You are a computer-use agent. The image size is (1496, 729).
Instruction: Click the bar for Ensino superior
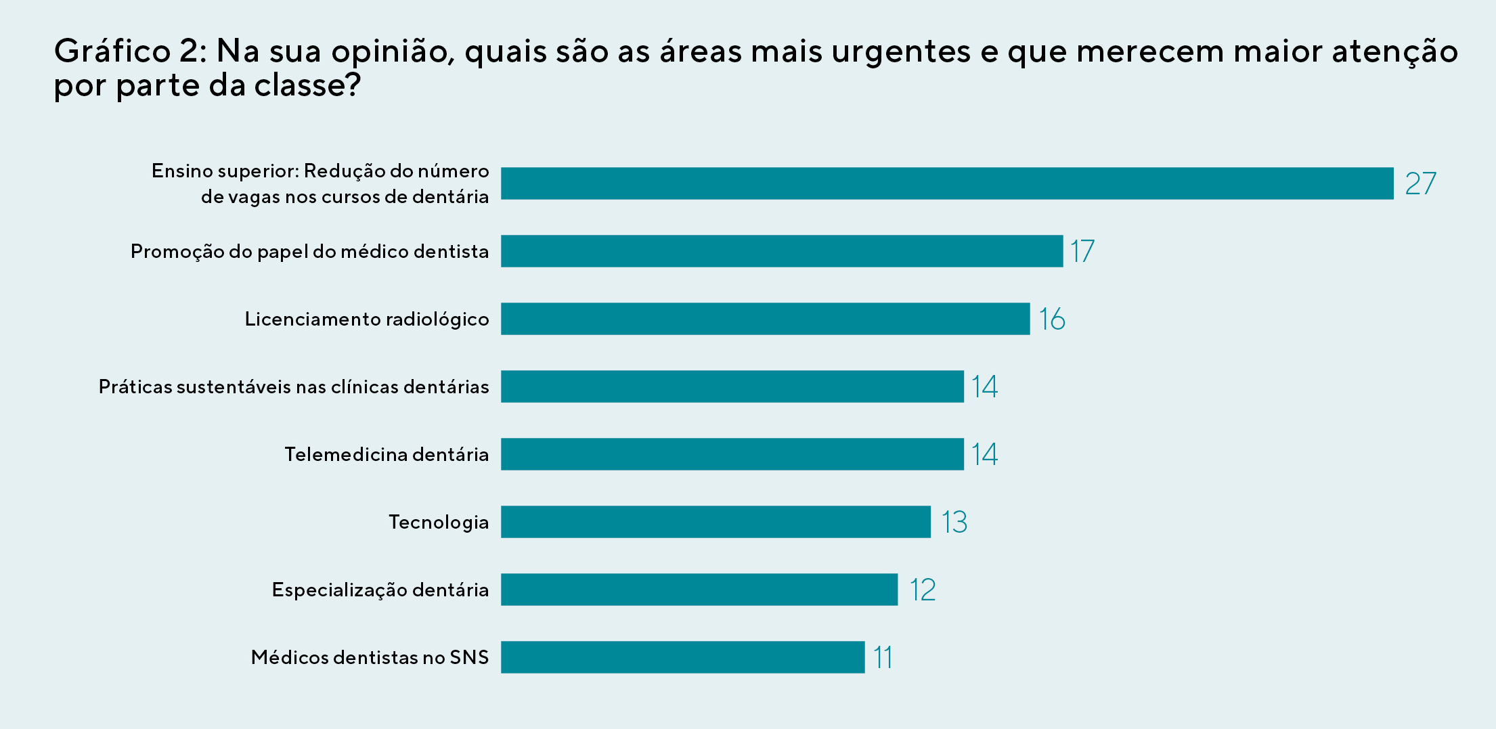click(x=946, y=183)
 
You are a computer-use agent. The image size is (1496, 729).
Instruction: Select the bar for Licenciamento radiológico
click(x=765, y=319)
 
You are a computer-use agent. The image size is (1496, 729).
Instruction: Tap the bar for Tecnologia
click(x=716, y=522)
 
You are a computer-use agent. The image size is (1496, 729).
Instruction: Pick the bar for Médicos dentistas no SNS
click(x=682, y=657)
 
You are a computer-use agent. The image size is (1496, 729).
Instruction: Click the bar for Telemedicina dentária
click(x=732, y=454)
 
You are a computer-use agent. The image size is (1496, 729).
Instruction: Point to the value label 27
click(x=1420, y=183)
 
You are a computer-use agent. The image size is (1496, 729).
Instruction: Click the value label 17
click(x=1082, y=251)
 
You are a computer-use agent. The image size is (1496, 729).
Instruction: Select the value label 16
click(x=1052, y=319)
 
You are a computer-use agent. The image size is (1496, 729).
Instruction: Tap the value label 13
click(x=954, y=522)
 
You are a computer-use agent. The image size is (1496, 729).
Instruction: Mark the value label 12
click(x=922, y=590)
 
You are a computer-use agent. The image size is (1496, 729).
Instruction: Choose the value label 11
click(x=883, y=657)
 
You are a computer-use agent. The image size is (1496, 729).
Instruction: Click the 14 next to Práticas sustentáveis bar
click(x=984, y=386)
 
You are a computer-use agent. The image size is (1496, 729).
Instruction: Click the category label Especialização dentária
click(x=380, y=590)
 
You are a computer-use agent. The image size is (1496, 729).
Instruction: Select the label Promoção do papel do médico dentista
click(x=309, y=251)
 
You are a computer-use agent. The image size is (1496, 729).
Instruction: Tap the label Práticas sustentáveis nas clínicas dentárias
click(x=293, y=386)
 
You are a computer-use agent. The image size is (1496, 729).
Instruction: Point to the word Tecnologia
click(x=438, y=522)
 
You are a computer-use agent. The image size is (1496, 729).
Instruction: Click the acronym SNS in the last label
click(x=469, y=657)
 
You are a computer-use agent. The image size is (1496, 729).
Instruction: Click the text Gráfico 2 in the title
click(x=130, y=51)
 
